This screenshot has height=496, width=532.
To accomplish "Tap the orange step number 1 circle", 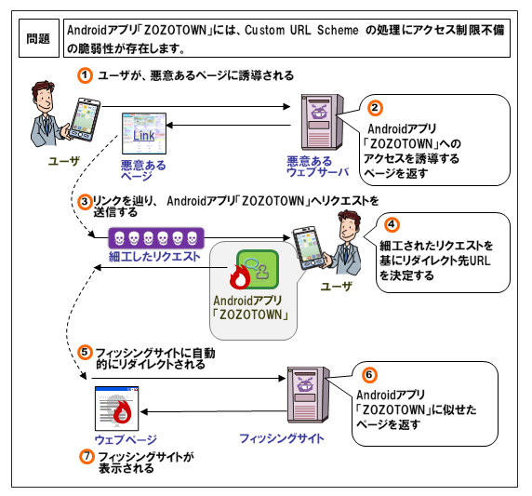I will coord(85,74).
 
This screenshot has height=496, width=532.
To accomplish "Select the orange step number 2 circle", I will coord(375,109).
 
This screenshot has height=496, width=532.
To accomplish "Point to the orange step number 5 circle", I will coord(84,354).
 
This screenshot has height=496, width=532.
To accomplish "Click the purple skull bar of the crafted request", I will coord(154,236).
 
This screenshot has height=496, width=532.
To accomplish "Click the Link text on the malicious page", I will coord(143,138).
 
